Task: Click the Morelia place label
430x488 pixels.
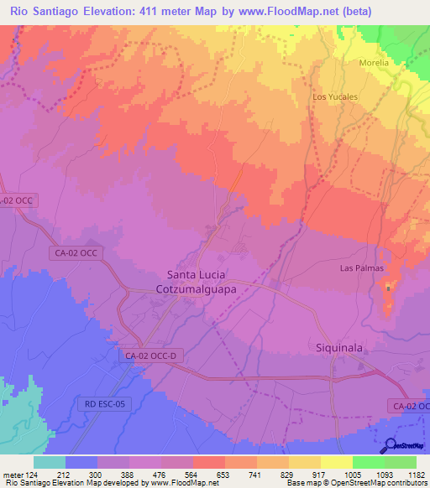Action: click(374, 63)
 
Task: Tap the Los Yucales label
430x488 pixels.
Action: click(335, 96)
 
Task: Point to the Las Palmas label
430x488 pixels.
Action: click(361, 268)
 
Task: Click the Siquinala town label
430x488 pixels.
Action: click(338, 346)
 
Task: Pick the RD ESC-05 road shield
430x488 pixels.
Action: click(103, 403)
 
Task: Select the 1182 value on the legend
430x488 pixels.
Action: click(416, 474)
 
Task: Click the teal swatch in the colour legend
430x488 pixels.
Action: click(49, 462)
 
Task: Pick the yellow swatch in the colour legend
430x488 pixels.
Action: click(336, 462)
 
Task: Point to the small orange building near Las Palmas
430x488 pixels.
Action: click(387, 288)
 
